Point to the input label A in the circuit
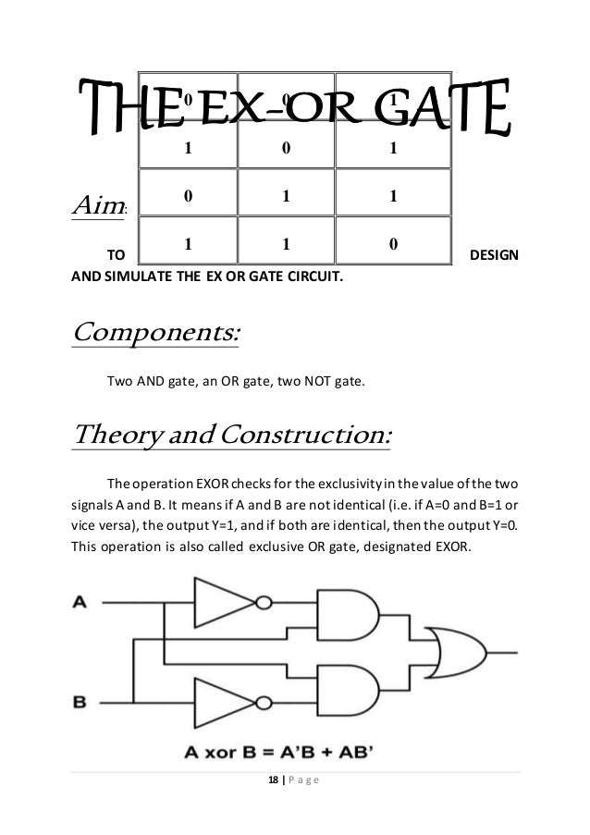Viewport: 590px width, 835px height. coord(80,602)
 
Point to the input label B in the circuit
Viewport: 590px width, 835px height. coord(80,702)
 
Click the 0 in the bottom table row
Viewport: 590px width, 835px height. coord(393,245)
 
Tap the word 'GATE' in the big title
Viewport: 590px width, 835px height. coord(446,113)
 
